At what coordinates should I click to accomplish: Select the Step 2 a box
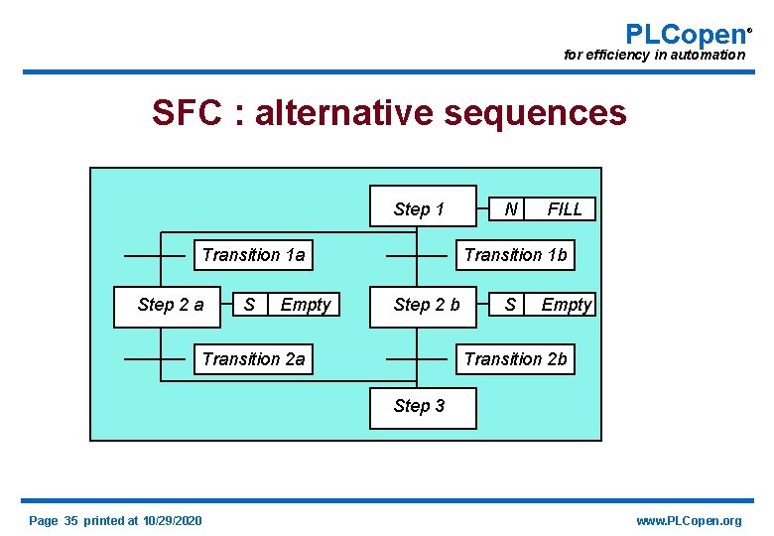pos(171,305)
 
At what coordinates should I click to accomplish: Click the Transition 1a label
pos(253,255)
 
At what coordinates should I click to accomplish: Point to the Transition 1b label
pos(515,255)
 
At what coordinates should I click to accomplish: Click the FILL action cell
pos(565,209)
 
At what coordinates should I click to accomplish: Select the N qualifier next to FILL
pos(510,209)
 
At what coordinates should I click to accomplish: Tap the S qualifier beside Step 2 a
pos(249,305)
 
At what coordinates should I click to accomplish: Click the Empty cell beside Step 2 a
pos(305,305)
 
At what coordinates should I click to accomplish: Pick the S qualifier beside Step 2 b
pos(510,305)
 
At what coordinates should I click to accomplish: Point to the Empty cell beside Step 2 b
pos(566,305)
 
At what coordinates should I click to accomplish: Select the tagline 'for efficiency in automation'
pos(654,56)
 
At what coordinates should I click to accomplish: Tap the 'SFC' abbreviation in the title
pos(187,113)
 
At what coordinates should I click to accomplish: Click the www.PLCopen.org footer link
pos(688,521)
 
